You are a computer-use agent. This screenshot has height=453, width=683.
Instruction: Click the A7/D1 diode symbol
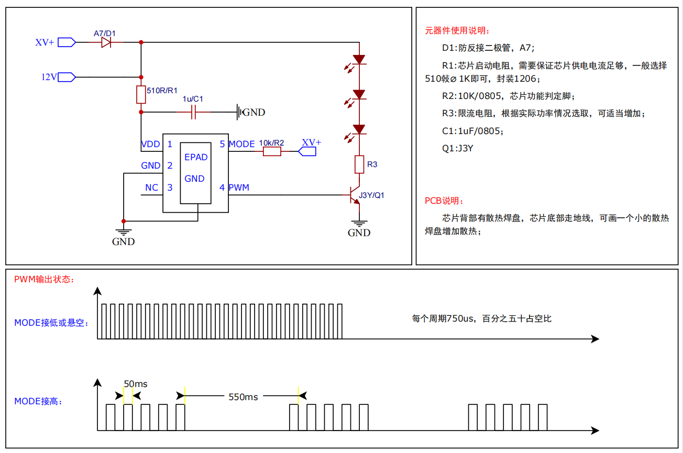(106, 42)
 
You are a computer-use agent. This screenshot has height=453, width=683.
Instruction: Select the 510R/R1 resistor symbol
(141, 95)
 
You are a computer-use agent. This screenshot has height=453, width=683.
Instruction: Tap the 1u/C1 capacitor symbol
(193, 112)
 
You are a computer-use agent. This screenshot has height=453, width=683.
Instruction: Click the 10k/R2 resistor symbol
(272, 151)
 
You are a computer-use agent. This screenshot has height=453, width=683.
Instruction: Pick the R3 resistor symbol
(359, 164)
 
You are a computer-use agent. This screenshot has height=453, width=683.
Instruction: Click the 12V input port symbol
(67, 77)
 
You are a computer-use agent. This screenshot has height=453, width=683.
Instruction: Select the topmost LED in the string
(359, 60)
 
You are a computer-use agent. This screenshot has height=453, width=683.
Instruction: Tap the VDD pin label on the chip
(150, 144)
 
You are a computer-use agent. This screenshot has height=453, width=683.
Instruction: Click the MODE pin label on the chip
(241, 144)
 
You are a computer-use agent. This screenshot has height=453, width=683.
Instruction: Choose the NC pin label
(151, 187)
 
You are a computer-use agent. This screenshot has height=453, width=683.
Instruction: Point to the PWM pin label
(239, 187)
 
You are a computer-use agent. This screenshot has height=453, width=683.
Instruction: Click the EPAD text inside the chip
(196, 157)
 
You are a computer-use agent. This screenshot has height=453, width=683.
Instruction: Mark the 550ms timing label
(243, 396)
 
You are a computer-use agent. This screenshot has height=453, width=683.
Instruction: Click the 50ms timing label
(136, 384)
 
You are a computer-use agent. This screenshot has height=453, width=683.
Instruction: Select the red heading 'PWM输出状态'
(44, 279)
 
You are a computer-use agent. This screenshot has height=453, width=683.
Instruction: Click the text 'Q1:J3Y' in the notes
(458, 148)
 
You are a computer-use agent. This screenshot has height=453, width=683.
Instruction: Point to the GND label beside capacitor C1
(254, 112)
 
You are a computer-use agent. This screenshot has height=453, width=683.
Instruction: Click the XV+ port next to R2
(307, 151)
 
